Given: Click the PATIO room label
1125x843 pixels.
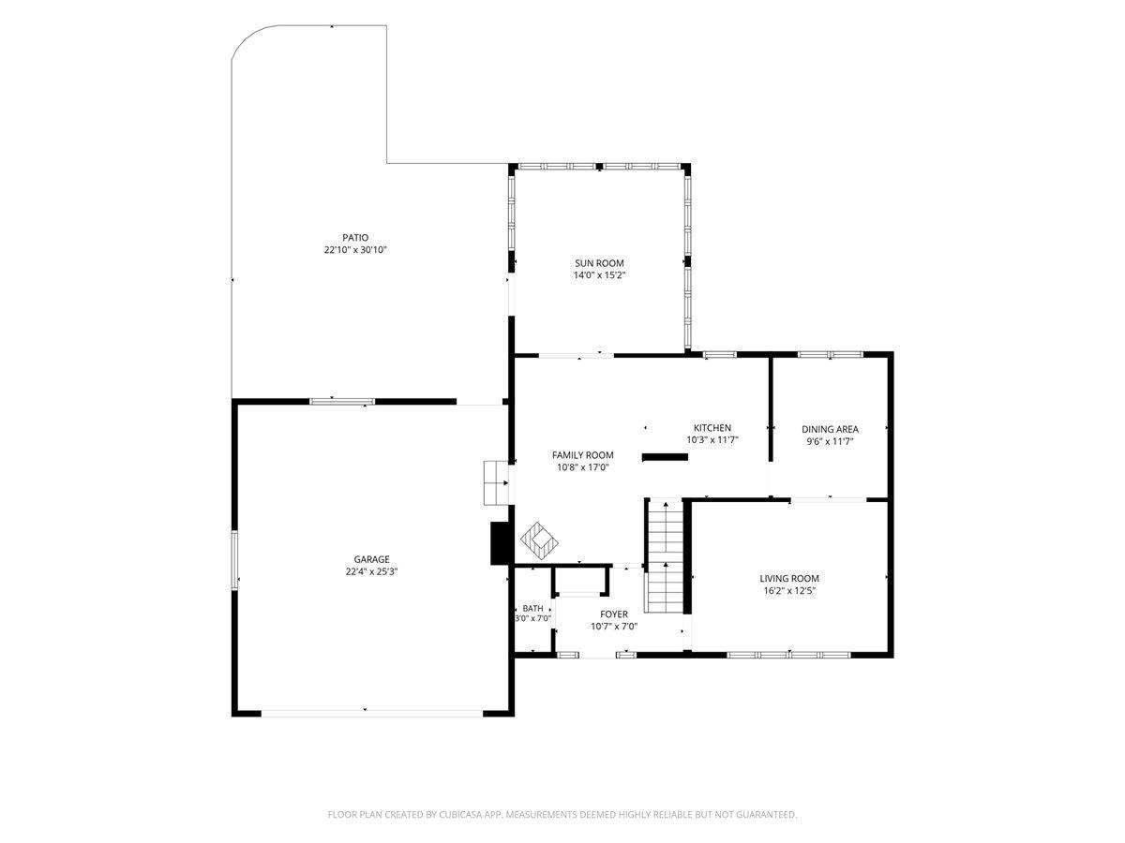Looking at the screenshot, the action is tap(355, 238).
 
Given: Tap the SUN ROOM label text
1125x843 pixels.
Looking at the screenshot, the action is tap(599, 263).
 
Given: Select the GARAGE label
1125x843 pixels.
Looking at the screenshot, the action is tap(371, 559).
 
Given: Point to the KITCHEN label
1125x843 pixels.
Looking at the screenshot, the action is tap(712, 428).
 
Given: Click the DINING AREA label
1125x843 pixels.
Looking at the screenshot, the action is tap(830, 429).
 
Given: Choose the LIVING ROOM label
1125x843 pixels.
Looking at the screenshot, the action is tap(789, 578).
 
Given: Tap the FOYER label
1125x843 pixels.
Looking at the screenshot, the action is tap(614, 614).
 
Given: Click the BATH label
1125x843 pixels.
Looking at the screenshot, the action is tap(533, 609).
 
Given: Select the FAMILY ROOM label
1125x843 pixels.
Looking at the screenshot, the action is tap(583, 455).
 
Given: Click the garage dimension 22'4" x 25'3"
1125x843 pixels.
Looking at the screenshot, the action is tap(371, 571).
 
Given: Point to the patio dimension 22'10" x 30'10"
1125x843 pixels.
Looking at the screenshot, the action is tap(355, 250).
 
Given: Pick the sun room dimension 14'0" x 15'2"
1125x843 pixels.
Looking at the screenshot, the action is tap(599, 275).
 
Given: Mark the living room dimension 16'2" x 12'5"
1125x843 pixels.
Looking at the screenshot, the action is tap(789, 591).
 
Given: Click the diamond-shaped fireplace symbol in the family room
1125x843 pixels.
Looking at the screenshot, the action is tap(539, 540).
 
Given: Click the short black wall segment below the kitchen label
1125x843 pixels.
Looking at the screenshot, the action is tap(665, 457).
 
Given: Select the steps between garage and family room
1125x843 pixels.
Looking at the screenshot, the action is tap(496, 482).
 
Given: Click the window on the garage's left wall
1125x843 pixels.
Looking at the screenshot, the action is tap(234, 560).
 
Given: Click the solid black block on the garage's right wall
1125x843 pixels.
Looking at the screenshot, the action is tap(500, 543).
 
